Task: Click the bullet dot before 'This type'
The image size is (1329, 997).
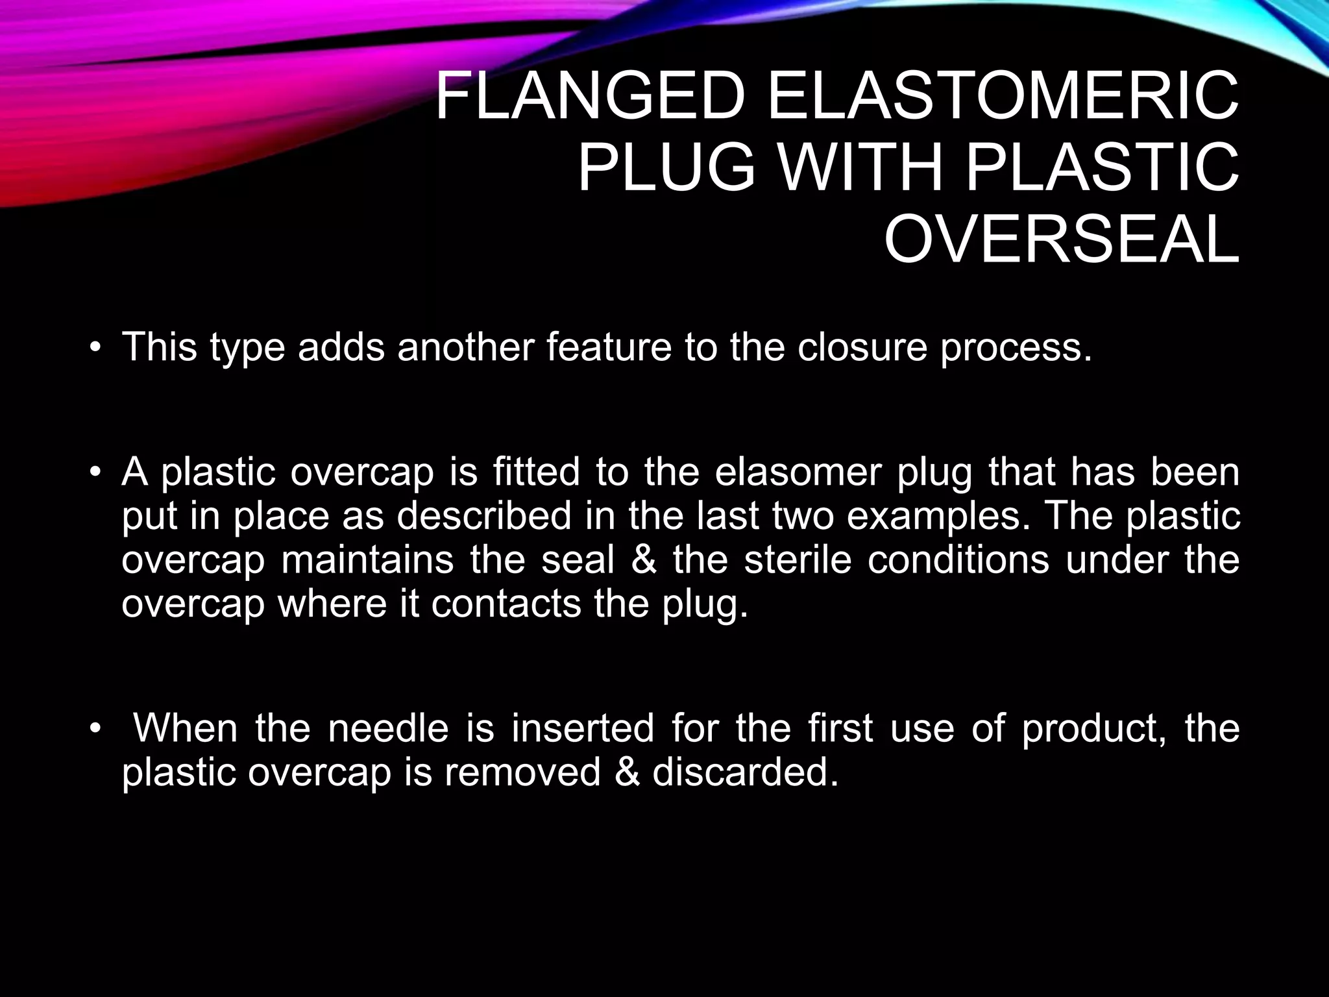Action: (x=95, y=348)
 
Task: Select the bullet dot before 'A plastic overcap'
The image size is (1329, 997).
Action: (x=95, y=473)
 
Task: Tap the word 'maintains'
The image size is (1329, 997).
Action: (x=368, y=560)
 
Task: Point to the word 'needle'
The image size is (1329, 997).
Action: (x=387, y=728)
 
